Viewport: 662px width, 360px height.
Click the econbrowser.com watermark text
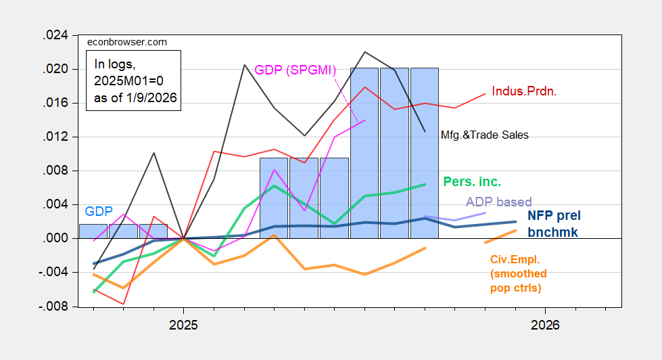coord(128,42)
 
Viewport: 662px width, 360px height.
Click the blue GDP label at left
coord(99,211)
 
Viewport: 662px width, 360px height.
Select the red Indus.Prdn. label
coord(524,91)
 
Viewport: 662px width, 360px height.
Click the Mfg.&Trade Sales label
coord(484,135)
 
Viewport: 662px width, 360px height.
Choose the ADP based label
coord(498,202)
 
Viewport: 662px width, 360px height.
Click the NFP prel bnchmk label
coord(554,223)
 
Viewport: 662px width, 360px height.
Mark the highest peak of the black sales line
coord(365,51)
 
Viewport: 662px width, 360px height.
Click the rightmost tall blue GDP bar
coord(425,152)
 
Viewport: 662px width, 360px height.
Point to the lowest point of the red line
coord(124,304)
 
